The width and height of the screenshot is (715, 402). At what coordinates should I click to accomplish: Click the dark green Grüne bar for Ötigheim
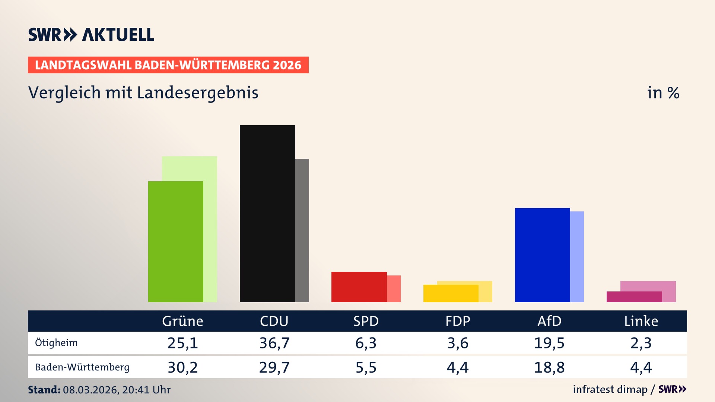point(175,242)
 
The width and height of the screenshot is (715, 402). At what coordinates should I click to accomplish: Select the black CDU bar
point(267,214)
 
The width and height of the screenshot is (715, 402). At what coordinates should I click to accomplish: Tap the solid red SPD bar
point(359,287)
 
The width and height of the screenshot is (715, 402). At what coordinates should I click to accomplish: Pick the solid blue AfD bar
point(542,255)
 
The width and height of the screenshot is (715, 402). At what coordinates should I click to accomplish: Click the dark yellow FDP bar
point(451,294)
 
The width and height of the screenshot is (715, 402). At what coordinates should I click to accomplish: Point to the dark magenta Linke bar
point(634,297)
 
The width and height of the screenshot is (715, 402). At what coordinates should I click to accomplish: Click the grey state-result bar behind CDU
point(302,231)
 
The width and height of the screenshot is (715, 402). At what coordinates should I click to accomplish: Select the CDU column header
point(274,321)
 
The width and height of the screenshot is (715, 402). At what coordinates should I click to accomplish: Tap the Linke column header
point(641,321)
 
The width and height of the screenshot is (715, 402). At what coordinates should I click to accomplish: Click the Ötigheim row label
point(56,343)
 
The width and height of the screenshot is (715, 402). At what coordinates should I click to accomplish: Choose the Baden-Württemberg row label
point(82,367)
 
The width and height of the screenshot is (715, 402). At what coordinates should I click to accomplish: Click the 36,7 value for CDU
point(274,343)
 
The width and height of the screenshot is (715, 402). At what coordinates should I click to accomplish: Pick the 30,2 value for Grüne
point(182,367)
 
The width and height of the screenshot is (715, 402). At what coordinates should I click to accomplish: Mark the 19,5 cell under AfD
point(549,343)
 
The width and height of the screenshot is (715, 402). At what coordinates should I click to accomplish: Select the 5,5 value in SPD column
point(366,367)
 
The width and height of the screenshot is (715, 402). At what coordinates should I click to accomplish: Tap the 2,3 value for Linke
point(641,343)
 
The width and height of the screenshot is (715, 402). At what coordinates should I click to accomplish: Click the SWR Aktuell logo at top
point(91,35)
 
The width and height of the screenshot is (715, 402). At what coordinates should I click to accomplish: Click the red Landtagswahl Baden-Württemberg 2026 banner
point(168,65)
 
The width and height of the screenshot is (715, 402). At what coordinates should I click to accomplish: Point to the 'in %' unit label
point(663,93)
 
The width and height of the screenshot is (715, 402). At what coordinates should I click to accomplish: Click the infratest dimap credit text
point(610,389)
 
